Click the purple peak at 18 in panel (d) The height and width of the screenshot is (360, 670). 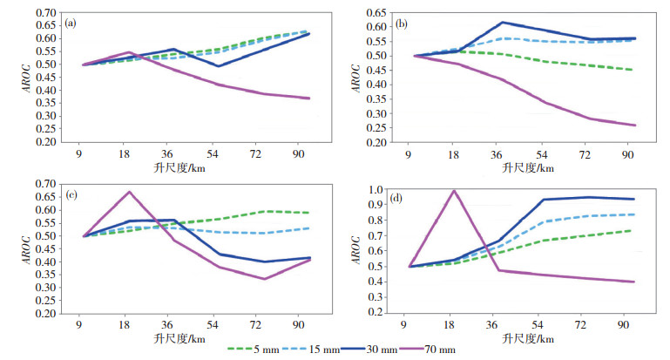tap(453, 190)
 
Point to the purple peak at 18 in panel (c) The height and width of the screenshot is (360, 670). tap(129, 192)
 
